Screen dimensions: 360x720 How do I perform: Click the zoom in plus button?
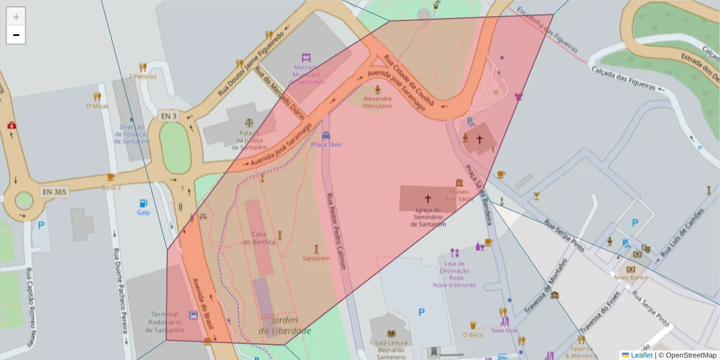[x=16, y=16]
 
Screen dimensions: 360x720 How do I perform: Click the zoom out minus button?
[x=16, y=35]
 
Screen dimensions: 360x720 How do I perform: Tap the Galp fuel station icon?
[x=143, y=203]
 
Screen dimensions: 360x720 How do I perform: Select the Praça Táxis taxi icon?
[x=326, y=136]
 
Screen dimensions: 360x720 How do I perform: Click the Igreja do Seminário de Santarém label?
[x=428, y=217]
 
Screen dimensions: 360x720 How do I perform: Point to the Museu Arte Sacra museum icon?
[x=460, y=182]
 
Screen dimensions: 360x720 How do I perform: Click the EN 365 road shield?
[x=55, y=192]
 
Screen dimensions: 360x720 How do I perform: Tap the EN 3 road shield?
[x=169, y=115]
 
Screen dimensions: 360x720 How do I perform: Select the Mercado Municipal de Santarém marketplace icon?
[x=307, y=58]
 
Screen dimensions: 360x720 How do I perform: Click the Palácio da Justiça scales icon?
[x=250, y=122]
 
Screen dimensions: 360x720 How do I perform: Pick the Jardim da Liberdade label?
[x=285, y=325]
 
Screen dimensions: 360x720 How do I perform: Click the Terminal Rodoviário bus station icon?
[x=193, y=315]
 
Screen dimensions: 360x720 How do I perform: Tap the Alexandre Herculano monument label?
[x=377, y=102]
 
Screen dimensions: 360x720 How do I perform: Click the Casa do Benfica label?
[x=259, y=238]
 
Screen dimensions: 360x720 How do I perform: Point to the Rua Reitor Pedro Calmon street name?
[x=336, y=231]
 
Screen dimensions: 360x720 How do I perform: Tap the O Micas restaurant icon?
[x=97, y=97]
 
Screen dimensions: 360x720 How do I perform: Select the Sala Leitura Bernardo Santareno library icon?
[x=391, y=334]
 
